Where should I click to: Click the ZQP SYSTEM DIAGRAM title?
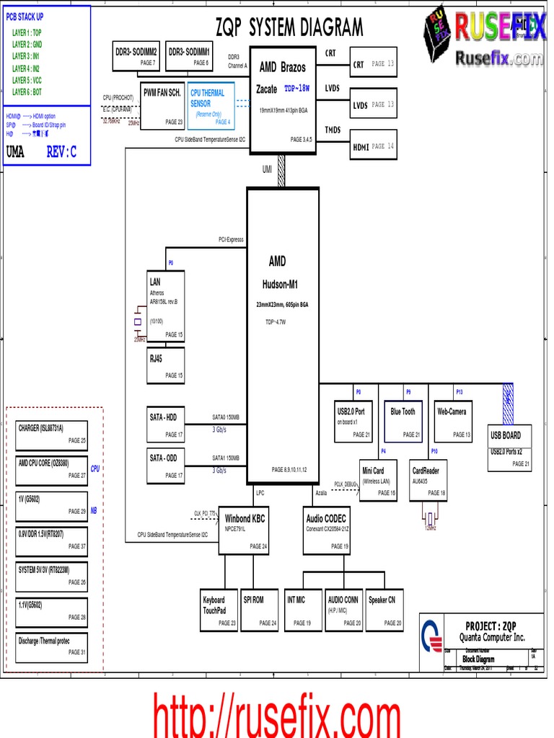point(289,27)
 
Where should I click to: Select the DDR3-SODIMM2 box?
point(136,57)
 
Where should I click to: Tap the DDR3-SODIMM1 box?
point(189,57)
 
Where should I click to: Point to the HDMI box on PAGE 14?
point(373,145)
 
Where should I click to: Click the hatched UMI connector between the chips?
point(282,171)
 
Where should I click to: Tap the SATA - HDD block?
point(166,425)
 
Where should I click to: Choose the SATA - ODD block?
point(166,466)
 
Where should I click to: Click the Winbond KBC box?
point(244,529)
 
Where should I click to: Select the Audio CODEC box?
point(326,530)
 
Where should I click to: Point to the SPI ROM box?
point(258,609)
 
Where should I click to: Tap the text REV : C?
point(61,152)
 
